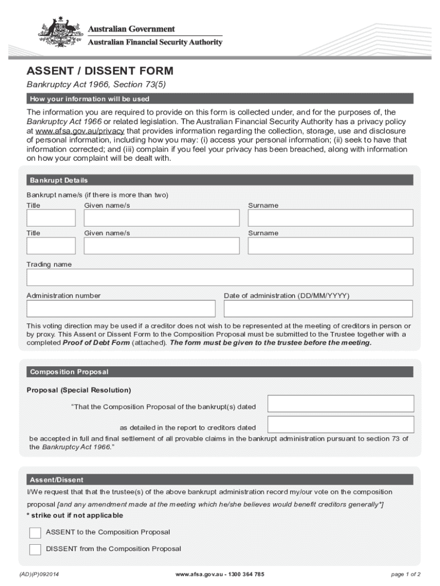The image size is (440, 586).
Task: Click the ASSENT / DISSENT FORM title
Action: (99, 72)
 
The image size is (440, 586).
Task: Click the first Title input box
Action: (51, 218)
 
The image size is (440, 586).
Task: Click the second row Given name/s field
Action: (162, 246)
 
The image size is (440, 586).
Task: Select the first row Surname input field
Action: (330, 218)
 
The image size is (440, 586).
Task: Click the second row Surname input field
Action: (330, 246)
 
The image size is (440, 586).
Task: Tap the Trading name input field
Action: (219, 277)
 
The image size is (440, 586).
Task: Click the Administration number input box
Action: (121, 308)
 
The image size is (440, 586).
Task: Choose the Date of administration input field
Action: (318, 308)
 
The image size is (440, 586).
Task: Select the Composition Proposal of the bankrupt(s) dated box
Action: (340, 403)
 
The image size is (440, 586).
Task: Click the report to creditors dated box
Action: (340, 424)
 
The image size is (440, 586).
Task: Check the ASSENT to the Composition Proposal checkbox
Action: (35, 533)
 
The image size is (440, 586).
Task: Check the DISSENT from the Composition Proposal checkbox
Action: (35, 549)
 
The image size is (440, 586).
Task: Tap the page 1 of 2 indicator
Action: (406, 574)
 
